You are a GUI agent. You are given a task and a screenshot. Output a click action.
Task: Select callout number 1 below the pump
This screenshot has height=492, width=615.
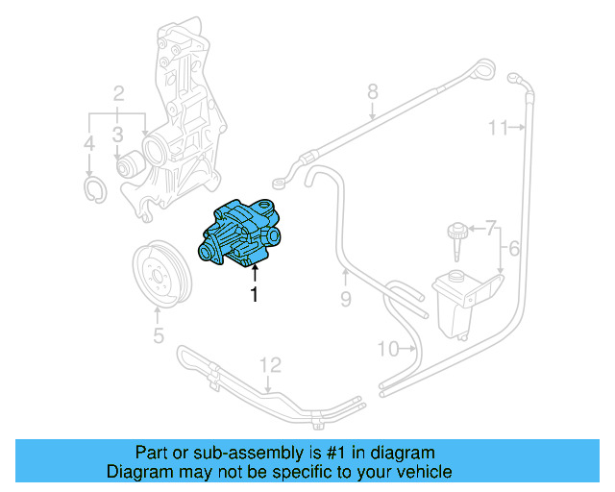click(255, 296)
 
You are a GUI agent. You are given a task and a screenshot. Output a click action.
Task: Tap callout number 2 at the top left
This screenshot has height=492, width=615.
click(118, 93)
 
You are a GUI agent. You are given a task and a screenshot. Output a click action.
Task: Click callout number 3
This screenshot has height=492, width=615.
click(117, 134)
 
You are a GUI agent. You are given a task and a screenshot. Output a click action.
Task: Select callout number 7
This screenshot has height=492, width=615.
click(372, 92)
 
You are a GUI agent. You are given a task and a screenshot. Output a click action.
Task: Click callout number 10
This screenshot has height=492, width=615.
click(497, 127)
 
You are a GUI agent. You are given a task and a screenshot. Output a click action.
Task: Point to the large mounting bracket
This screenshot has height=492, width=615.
click(424, 472)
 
